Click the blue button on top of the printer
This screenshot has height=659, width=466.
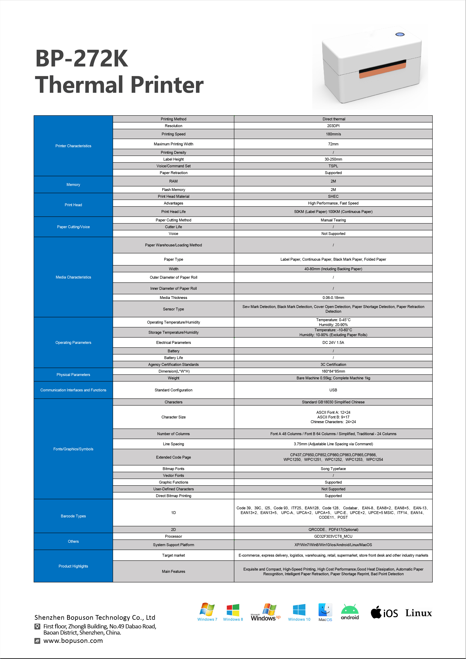[x=400, y=34]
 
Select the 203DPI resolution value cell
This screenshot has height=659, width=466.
[x=333, y=126]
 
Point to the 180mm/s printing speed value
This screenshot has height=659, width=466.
[x=333, y=134]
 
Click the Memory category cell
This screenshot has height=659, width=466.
[x=73, y=185]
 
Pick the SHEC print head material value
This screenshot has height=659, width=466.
[x=333, y=196]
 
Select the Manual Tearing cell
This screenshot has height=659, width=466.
[x=333, y=220]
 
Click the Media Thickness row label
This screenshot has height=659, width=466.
[x=173, y=298]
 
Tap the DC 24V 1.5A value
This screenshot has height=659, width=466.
[x=333, y=342]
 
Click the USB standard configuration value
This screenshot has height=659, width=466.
[x=333, y=390]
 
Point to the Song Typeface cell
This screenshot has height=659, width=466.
[x=333, y=469]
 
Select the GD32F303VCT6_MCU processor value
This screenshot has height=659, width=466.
[x=333, y=536]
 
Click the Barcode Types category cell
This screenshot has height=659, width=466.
[x=73, y=516]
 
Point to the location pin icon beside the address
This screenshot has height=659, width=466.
[x=37, y=626]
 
